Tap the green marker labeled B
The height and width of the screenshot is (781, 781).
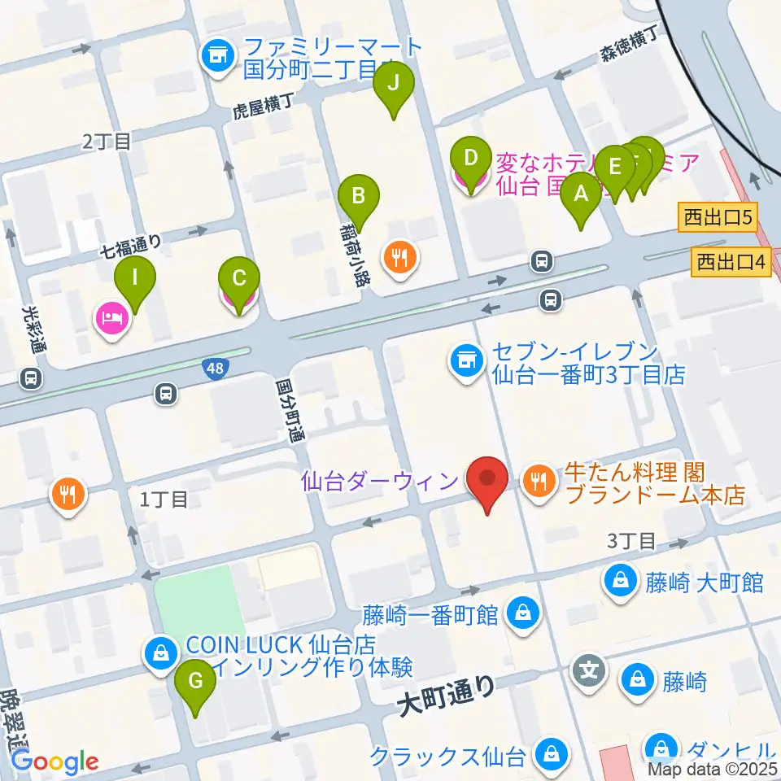tap(359, 196)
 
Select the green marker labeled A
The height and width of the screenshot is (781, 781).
tap(580, 194)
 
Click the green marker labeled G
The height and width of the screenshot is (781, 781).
tap(195, 680)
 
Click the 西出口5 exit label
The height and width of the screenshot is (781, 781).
tap(717, 216)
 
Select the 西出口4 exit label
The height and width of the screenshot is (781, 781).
tap(731, 262)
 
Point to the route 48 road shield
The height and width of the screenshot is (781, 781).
tap(216, 369)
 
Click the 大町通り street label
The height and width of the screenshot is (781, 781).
tap(447, 697)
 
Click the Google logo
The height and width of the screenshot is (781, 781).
tap(55, 762)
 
